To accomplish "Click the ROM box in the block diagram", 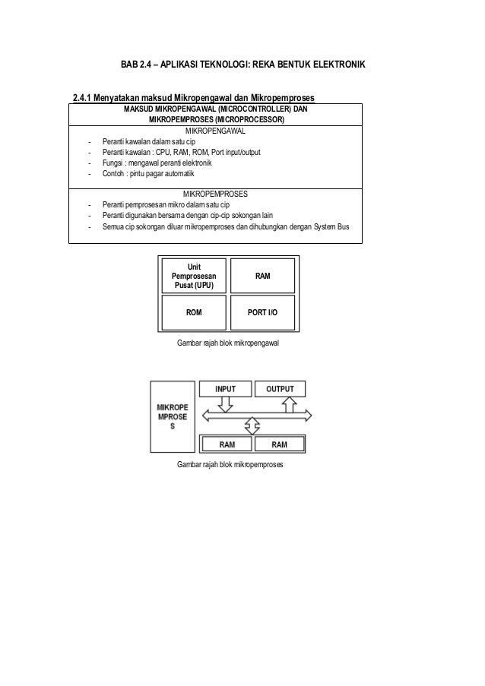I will (194, 311).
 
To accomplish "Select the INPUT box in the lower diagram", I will (225, 389).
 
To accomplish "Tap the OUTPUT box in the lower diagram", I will (280, 389).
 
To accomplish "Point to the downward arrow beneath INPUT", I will (225, 404).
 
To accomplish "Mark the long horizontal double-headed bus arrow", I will (258, 414).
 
